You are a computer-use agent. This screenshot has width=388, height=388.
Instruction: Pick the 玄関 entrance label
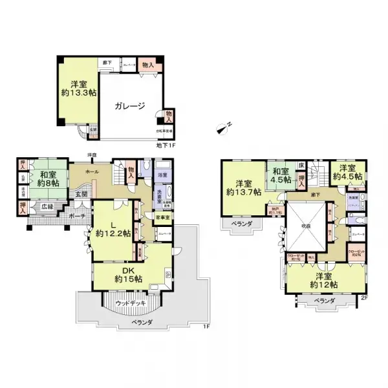coord(81,193)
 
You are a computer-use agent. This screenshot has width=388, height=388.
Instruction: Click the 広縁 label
coord(47,207)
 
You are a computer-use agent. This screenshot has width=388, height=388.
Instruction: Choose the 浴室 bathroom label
coord(162,175)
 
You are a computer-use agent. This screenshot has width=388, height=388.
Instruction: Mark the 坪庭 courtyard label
coord(92,155)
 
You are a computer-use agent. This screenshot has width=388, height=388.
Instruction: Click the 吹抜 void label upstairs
coord(307,226)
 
